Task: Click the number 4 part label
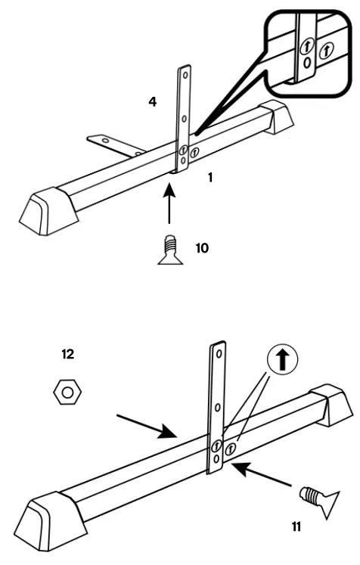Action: pyautogui.click(x=153, y=100)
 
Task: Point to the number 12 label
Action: pyautogui.click(x=68, y=353)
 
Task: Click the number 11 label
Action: pyautogui.click(x=296, y=527)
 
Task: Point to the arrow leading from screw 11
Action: pyautogui.click(x=261, y=476)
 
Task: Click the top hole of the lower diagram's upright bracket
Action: pyautogui.click(x=219, y=353)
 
